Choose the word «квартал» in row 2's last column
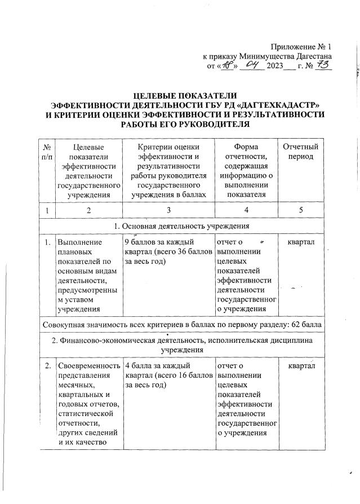(302, 366)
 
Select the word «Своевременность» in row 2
(88, 366)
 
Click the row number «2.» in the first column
(45, 366)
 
